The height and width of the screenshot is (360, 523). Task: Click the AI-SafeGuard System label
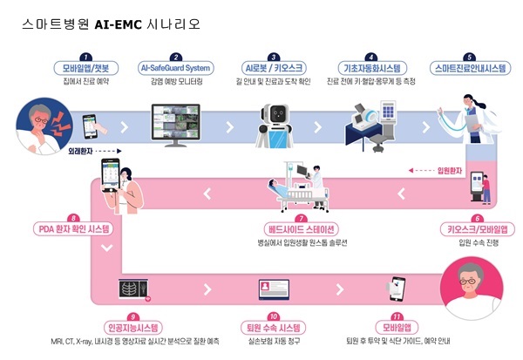point(175,67)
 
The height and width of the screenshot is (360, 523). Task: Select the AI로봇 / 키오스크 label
point(272,67)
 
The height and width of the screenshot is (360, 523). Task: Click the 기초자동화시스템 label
point(371,67)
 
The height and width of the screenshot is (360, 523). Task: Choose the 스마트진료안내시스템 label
point(469,67)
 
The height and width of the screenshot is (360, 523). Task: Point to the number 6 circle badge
point(476,219)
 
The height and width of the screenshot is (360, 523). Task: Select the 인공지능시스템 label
point(132,328)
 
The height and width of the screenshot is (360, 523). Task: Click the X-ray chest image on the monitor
point(132,289)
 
